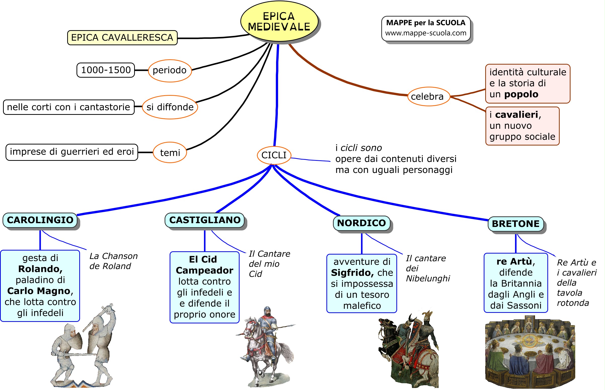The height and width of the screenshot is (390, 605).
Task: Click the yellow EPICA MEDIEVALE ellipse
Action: click(279, 21)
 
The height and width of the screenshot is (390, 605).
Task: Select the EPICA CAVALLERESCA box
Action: click(122, 37)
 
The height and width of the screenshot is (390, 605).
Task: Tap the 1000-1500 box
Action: click(105, 70)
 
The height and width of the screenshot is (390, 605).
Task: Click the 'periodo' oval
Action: click(169, 70)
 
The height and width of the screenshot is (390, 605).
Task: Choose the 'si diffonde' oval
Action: click(170, 107)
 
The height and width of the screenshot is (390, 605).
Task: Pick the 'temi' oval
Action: click(170, 153)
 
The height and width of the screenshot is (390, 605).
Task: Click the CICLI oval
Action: click(274, 155)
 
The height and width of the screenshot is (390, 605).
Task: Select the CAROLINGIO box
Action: click(40, 220)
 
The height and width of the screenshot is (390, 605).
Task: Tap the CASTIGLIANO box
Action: click(204, 220)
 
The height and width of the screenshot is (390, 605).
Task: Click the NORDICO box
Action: click(361, 223)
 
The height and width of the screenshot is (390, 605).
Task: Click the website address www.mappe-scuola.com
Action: click(425, 33)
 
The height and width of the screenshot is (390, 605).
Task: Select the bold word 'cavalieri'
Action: click(516, 115)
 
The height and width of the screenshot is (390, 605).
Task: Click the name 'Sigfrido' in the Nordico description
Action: click(352, 272)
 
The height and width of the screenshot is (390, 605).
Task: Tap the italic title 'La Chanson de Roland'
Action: click(113, 261)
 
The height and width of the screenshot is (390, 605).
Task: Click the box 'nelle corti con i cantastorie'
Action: click(68, 107)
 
